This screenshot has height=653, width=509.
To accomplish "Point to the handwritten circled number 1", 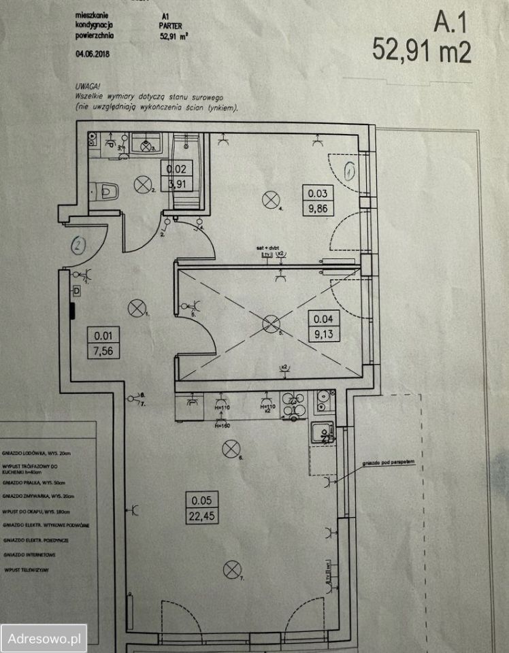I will pyautogui.click(x=350, y=171).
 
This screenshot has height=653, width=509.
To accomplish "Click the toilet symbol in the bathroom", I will pyautogui.click(x=106, y=190).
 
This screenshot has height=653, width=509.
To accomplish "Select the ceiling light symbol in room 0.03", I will pyautogui.click(x=271, y=199).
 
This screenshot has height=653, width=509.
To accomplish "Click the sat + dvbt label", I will pyautogui.click(x=269, y=250).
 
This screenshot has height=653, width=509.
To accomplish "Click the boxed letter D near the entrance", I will pyautogui.click(x=76, y=290).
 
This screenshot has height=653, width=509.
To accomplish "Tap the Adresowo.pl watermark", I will pyautogui.click(x=44, y=638).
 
